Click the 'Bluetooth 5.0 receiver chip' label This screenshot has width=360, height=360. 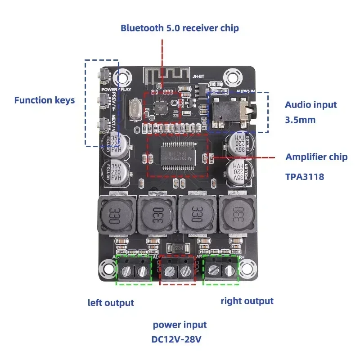(180, 28)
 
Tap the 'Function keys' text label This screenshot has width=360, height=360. (45, 100)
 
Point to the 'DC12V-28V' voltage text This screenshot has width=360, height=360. (180, 338)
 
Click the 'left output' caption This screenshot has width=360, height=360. (111, 302)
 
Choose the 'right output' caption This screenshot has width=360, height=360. (247, 301)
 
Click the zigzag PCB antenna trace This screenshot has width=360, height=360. (155, 75)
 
